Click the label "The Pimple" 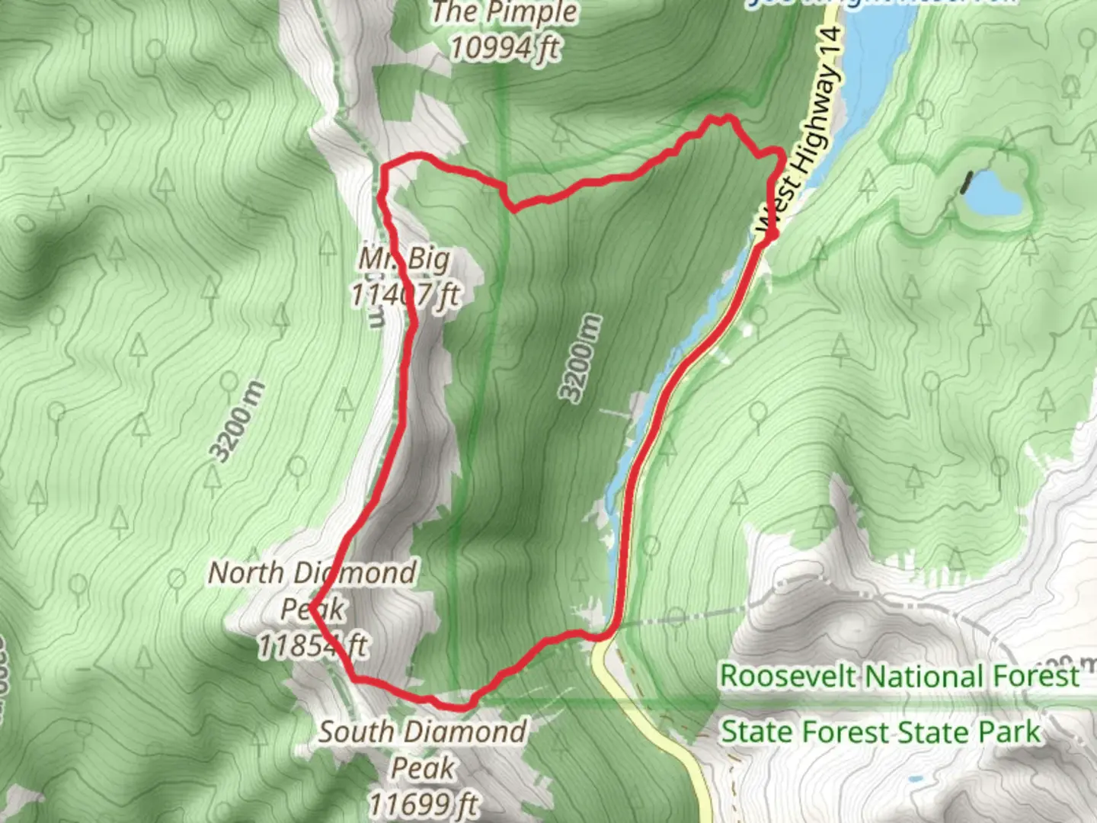[505, 13]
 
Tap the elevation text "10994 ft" [505, 47]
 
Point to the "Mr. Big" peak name [405, 259]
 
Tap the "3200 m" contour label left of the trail [238, 421]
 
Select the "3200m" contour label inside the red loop [580, 358]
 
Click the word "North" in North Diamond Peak [245, 573]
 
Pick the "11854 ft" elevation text [312, 646]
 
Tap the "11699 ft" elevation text [424, 803]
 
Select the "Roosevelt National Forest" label [900, 676]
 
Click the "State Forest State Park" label [880, 732]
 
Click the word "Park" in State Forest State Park [1009, 732]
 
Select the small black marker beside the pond [967, 181]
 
